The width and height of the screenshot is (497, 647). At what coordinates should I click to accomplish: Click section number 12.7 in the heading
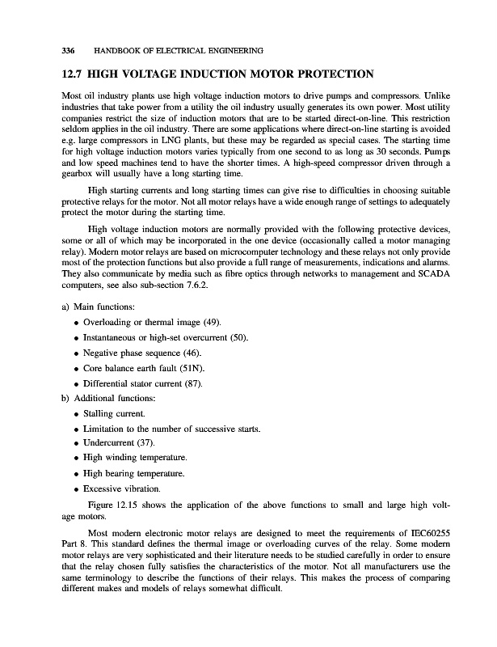point(76,75)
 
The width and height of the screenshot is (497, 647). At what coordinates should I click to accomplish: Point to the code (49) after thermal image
point(200,322)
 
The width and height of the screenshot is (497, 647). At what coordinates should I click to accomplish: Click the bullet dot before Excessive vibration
point(76,489)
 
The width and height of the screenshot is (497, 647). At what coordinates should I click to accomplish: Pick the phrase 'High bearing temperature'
point(134,474)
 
